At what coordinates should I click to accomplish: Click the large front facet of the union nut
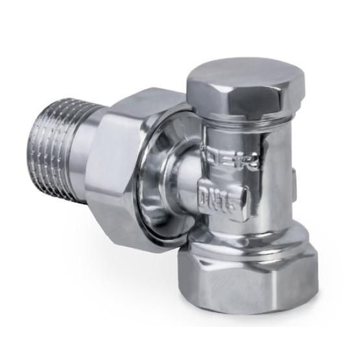click(136, 175)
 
